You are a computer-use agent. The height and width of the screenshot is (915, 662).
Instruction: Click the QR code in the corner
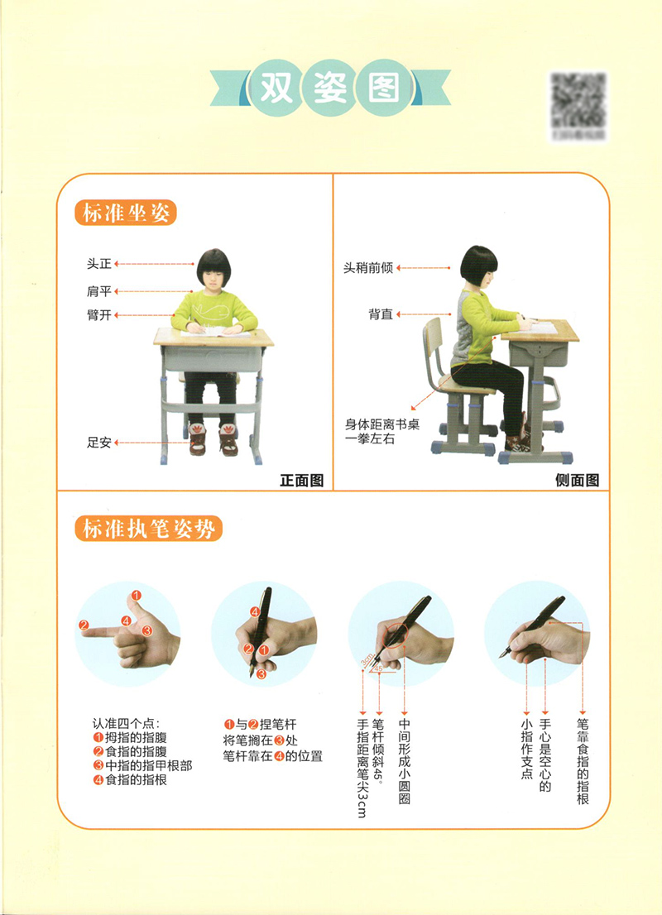578,103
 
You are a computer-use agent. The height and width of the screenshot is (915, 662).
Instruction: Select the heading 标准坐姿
125,213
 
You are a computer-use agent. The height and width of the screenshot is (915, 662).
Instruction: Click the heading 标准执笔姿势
148,528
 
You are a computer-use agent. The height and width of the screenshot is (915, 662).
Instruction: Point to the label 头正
98,264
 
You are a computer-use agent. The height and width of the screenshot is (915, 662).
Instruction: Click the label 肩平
98,290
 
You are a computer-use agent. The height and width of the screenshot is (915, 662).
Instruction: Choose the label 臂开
98,316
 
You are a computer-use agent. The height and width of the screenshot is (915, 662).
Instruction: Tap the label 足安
98,443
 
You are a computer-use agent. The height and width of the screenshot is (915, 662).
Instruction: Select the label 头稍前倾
368,268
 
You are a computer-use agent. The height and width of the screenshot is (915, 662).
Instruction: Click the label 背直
381,315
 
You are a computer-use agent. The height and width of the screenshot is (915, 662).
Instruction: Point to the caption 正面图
301,480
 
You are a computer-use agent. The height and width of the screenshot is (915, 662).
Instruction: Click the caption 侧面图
577,480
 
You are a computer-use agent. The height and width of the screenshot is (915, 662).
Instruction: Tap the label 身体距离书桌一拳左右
372,432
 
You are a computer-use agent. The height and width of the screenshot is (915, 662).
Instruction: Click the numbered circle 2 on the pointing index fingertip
84,625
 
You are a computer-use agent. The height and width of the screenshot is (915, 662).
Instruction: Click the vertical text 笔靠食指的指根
583,761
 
